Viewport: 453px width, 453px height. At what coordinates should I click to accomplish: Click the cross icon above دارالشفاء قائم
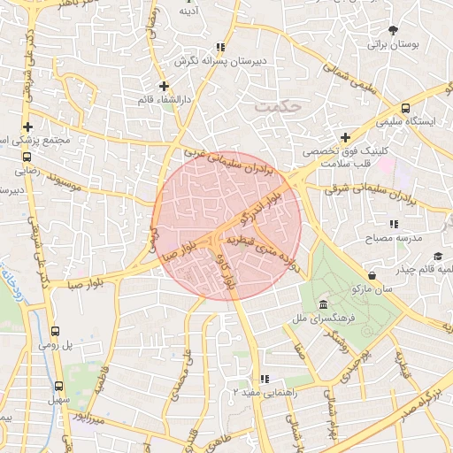click(163, 86)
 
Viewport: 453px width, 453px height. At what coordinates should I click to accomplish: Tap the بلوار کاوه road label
click(227, 269)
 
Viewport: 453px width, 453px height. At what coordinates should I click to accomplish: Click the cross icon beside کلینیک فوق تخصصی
click(344, 138)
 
